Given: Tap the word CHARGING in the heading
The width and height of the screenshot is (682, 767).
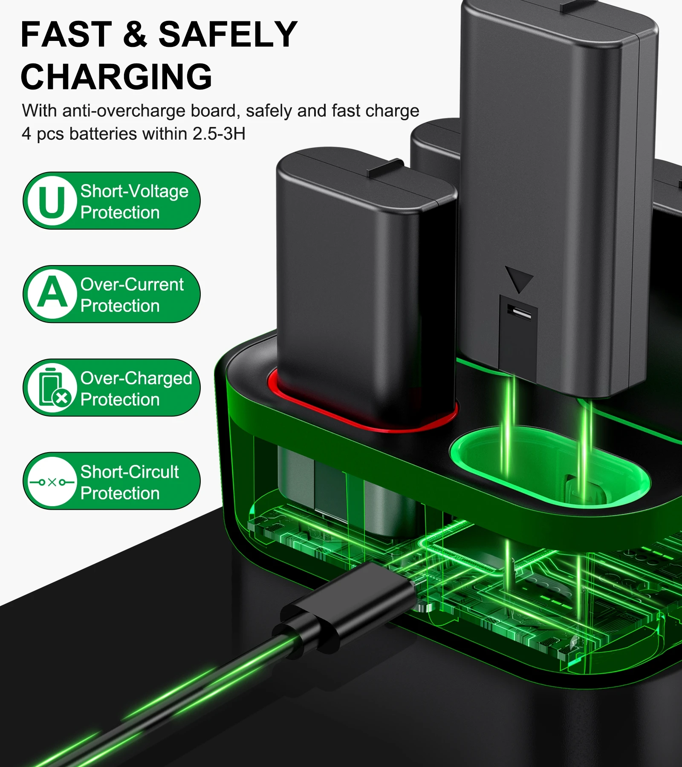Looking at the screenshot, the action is [x=116, y=76].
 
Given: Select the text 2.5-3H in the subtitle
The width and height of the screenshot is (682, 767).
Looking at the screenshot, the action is [x=219, y=134].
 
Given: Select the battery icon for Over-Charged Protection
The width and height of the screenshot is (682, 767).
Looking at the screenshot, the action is [x=52, y=388].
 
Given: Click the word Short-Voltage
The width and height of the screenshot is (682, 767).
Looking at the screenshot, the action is [x=134, y=191].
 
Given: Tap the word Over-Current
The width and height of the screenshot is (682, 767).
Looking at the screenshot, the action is [x=132, y=285].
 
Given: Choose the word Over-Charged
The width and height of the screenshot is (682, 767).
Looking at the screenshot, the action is [x=136, y=378].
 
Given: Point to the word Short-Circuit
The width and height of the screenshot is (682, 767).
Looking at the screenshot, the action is [x=130, y=472].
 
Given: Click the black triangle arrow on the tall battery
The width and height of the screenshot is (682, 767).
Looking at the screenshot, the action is [x=519, y=279].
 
